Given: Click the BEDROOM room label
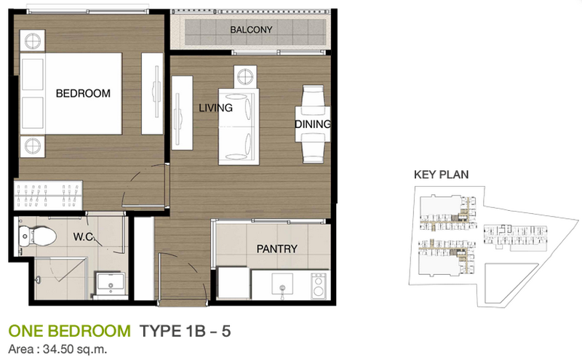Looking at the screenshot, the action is click(x=83, y=93).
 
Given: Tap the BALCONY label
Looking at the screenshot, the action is click(x=251, y=30).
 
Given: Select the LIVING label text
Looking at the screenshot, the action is click(x=215, y=108).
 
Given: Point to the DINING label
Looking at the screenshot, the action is click(x=313, y=124).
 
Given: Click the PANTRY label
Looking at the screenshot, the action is click(x=277, y=249).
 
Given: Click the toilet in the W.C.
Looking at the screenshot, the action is click(x=37, y=236).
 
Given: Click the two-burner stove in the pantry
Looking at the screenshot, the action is click(x=319, y=286).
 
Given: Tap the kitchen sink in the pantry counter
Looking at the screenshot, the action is click(x=282, y=286).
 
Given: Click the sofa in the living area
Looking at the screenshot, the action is click(x=239, y=127).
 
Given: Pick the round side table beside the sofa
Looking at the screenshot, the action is click(x=245, y=77).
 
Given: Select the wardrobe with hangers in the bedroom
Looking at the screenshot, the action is click(x=48, y=195).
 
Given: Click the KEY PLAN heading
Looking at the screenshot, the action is click(x=442, y=175).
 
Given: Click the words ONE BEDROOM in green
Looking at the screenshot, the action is click(x=69, y=331).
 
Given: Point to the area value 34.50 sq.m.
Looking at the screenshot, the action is click(x=75, y=349).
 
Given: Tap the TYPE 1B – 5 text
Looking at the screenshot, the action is click(x=185, y=331).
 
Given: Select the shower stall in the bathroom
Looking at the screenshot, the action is click(x=60, y=279).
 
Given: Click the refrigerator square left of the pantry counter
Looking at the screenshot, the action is click(x=233, y=282).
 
